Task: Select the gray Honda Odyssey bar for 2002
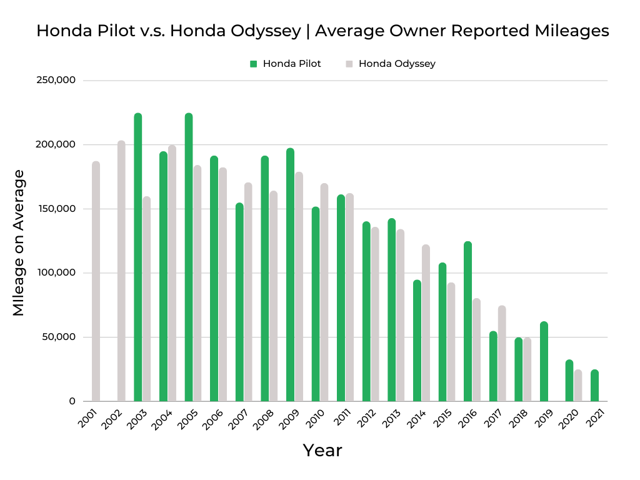(x=121, y=271)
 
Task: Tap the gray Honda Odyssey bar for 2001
(x=96, y=281)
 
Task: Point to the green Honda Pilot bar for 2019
(x=544, y=361)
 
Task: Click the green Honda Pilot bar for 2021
(x=594, y=386)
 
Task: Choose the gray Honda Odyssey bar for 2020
(x=578, y=386)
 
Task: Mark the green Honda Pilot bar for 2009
(x=290, y=275)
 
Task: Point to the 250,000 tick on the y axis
(x=57, y=81)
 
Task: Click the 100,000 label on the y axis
(x=57, y=273)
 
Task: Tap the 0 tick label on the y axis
(x=72, y=401)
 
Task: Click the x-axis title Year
(x=322, y=450)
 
